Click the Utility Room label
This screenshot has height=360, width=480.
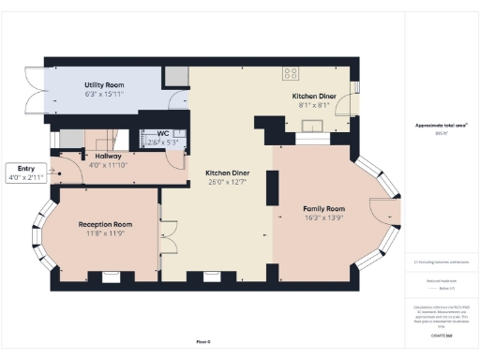104,84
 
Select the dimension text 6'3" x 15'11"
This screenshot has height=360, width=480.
104,94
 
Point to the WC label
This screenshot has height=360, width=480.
162,134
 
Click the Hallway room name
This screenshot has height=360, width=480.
102,157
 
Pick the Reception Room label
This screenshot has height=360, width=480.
104,224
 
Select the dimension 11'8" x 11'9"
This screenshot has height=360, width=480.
104,233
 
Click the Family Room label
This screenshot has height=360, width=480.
322,208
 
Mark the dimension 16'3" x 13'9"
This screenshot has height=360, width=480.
322,217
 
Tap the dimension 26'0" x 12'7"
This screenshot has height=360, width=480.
228,183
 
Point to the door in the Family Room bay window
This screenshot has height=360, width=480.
384,213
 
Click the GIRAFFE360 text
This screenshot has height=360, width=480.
441,335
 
